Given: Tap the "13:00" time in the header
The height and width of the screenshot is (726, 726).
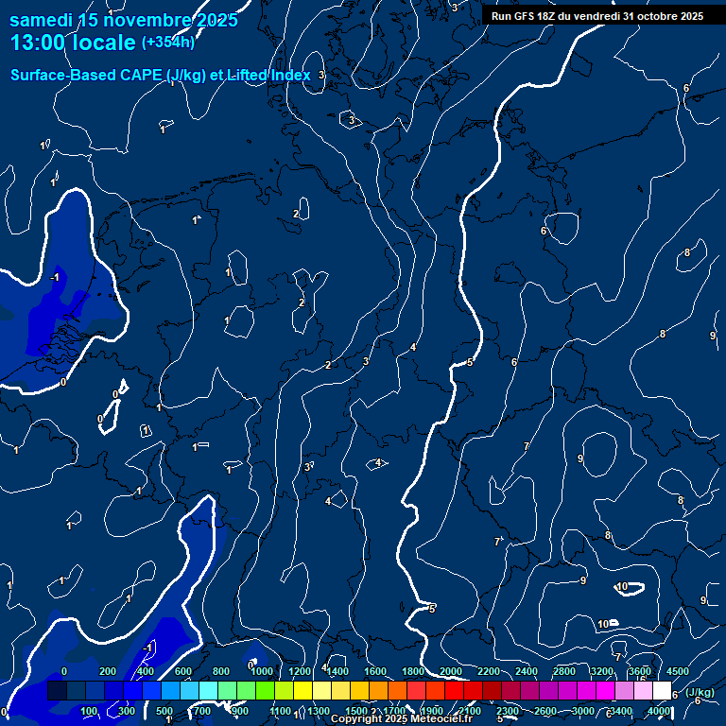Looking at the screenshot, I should point(38,43).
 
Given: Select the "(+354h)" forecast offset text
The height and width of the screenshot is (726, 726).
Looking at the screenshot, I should point(168,42).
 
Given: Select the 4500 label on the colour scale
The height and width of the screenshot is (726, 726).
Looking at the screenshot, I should point(678,671).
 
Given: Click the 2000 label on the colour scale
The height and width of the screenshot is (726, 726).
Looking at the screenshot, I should point(451,671).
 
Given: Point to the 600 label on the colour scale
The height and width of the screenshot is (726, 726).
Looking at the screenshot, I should point(182,671).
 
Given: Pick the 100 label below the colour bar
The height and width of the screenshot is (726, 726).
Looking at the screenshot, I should point(90,711).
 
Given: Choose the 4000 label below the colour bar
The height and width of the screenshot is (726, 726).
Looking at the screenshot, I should point(660,711).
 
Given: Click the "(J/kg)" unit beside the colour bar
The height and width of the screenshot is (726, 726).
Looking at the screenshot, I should point(698,692).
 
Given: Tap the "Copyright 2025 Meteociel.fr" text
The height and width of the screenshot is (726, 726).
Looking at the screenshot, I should point(401,719).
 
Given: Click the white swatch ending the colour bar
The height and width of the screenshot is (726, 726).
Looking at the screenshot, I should point(662,691).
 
